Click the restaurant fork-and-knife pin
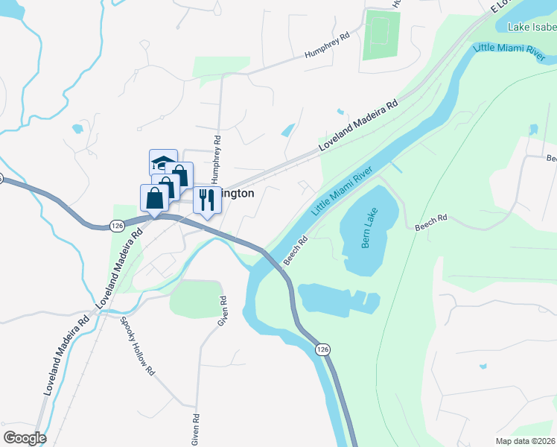coord(207,200)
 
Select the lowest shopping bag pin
coord(154,198)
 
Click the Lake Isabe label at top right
coord(531,28)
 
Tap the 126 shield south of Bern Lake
coord(321,349)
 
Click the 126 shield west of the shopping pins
coord(116,224)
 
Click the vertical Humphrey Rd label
coord(217,159)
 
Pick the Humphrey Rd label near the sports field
coord(327,46)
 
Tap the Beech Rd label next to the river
coord(296,250)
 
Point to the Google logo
coord(24,437)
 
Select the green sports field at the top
coord(381,35)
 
